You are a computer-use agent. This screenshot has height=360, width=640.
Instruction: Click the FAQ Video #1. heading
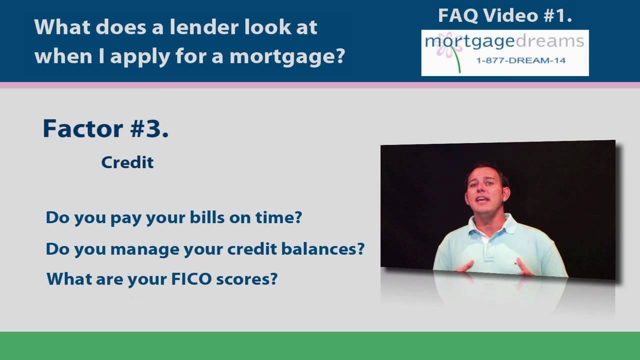(x=505, y=15)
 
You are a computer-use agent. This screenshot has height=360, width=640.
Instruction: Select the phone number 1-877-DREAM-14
(x=520, y=60)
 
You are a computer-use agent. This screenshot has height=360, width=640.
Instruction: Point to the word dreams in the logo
(x=551, y=41)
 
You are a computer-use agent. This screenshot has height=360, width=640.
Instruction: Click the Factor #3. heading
(x=105, y=128)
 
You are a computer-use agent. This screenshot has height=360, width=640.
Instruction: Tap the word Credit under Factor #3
(x=127, y=162)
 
